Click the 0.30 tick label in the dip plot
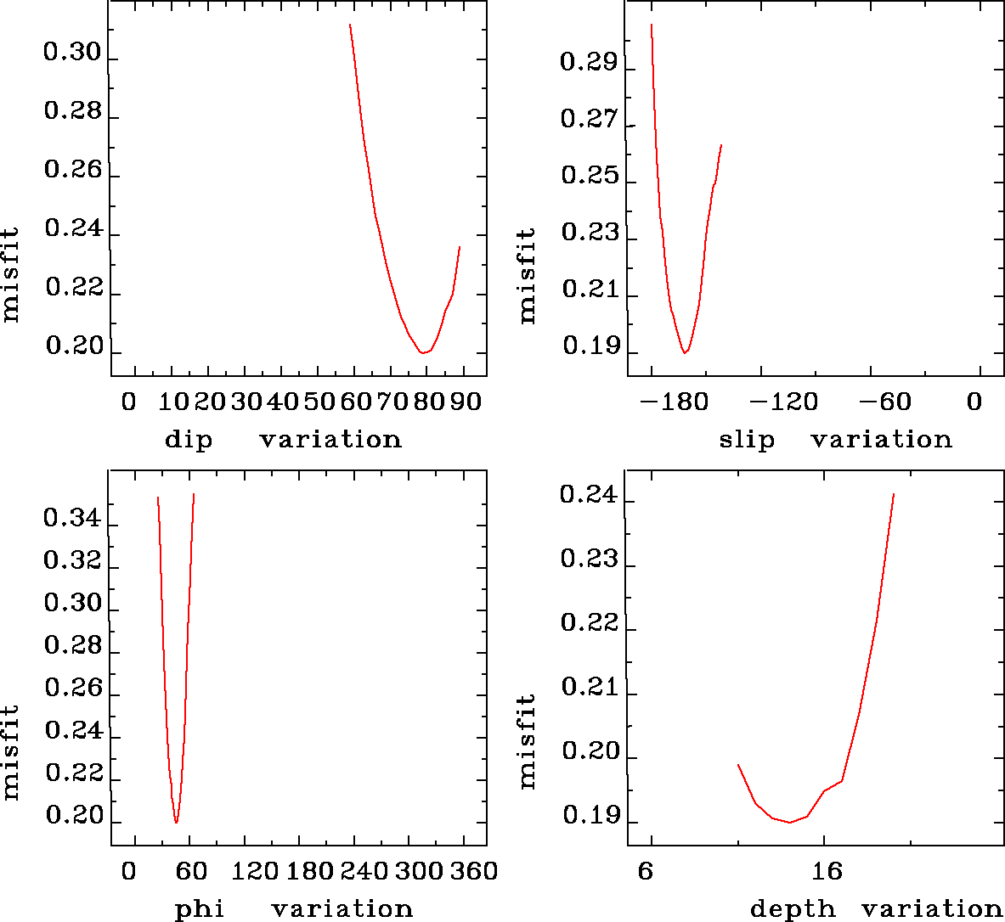pyautogui.click(x=72, y=53)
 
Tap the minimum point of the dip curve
pyautogui.click(x=421, y=352)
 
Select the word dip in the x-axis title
pyautogui.click(x=189, y=440)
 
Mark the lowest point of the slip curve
pyautogui.click(x=685, y=352)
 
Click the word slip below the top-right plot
pyautogui.click(x=747, y=440)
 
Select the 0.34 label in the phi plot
pyautogui.click(x=72, y=518)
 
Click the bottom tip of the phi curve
pyautogui.click(x=176, y=823)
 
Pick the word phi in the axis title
pyautogui.click(x=200, y=909)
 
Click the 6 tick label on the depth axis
pyautogui.click(x=646, y=872)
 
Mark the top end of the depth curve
pyautogui.click(x=894, y=493)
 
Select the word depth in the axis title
pyautogui.click(x=793, y=909)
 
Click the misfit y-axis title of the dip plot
pyautogui.click(x=10, y=273)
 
